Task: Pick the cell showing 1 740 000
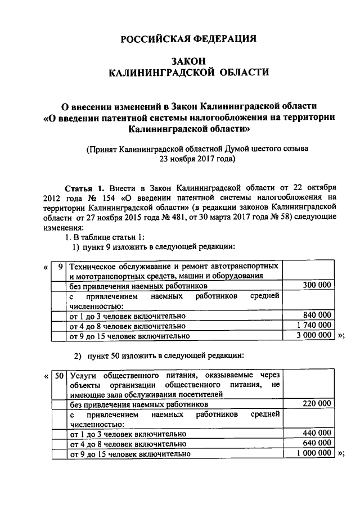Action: [313, 326]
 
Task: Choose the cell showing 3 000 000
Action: [313, 335]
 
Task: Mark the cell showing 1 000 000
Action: [313, 453]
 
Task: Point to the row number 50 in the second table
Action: [58, 375]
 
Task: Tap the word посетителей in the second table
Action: [200, 394]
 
